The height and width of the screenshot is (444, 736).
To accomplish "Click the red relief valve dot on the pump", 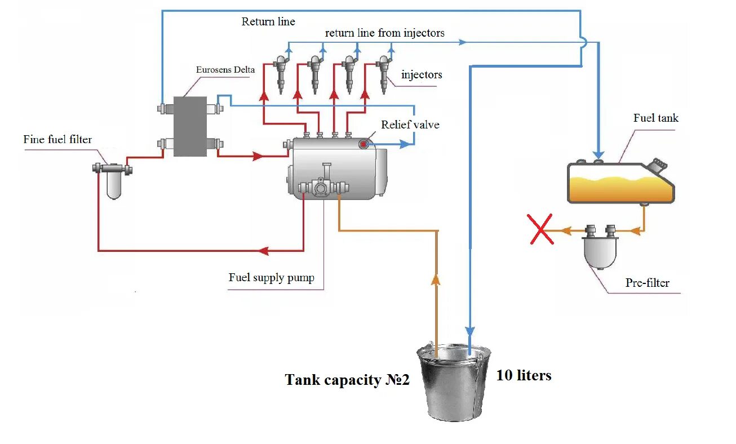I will pyautogui.click(x=363, y=144).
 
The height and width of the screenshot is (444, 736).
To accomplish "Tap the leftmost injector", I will pyautogui.click(x=281, y=73).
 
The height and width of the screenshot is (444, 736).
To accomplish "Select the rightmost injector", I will pyautogui.click(x=384, y=73).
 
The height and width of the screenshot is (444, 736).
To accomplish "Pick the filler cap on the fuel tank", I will pyautogui.click(x=657, y=166).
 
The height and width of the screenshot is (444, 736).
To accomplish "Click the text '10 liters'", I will pyautogui.click(x=524, y=376).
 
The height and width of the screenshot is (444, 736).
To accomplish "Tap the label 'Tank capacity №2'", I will pyautogui.click(x=347, y=380).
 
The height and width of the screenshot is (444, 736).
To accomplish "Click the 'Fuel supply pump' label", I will pyautogui.click(x=271, y=277).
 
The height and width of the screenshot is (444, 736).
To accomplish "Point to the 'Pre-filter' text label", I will pyautogui.click(x=647, y=283).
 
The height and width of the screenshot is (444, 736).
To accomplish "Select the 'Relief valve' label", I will pyautogui.click(x=410, y=125).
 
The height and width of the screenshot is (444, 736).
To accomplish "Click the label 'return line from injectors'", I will pyautogui.click(x=384, y=33).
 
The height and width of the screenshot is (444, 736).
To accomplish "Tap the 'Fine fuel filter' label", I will pyautogui.click(x=57, y=139).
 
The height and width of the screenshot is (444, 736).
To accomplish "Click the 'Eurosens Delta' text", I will pyautogui.click(x=225, y=70).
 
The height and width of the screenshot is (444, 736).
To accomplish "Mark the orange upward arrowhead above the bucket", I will pyautogui.click(x=437, y=279).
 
